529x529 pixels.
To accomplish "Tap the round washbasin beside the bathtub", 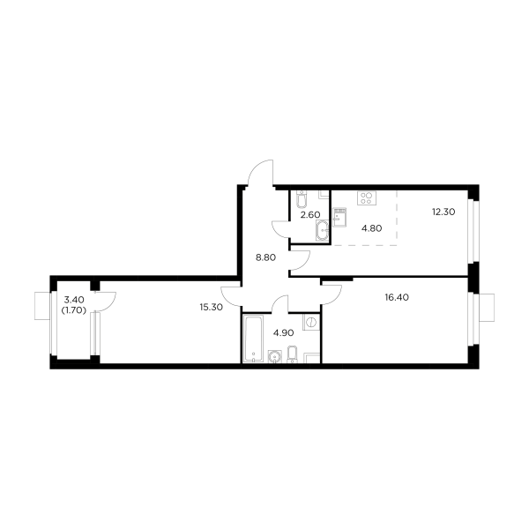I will (x=274, y=356).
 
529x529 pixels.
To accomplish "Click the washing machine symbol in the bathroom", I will (x=310, y=322).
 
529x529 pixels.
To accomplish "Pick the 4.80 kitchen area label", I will (x=372, y=227).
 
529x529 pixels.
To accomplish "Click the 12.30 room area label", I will (x=443, y=211).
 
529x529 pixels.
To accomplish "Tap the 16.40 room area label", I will (x=396, y=298).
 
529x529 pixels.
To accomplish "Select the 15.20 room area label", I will (x=210, y=308).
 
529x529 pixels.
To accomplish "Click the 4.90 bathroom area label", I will (x=283, y=333).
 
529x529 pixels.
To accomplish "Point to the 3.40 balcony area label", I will (x=73, y=301).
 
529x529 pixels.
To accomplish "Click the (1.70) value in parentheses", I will (x=73, y=310).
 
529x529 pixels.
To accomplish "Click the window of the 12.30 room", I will (x=473, y=229).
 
